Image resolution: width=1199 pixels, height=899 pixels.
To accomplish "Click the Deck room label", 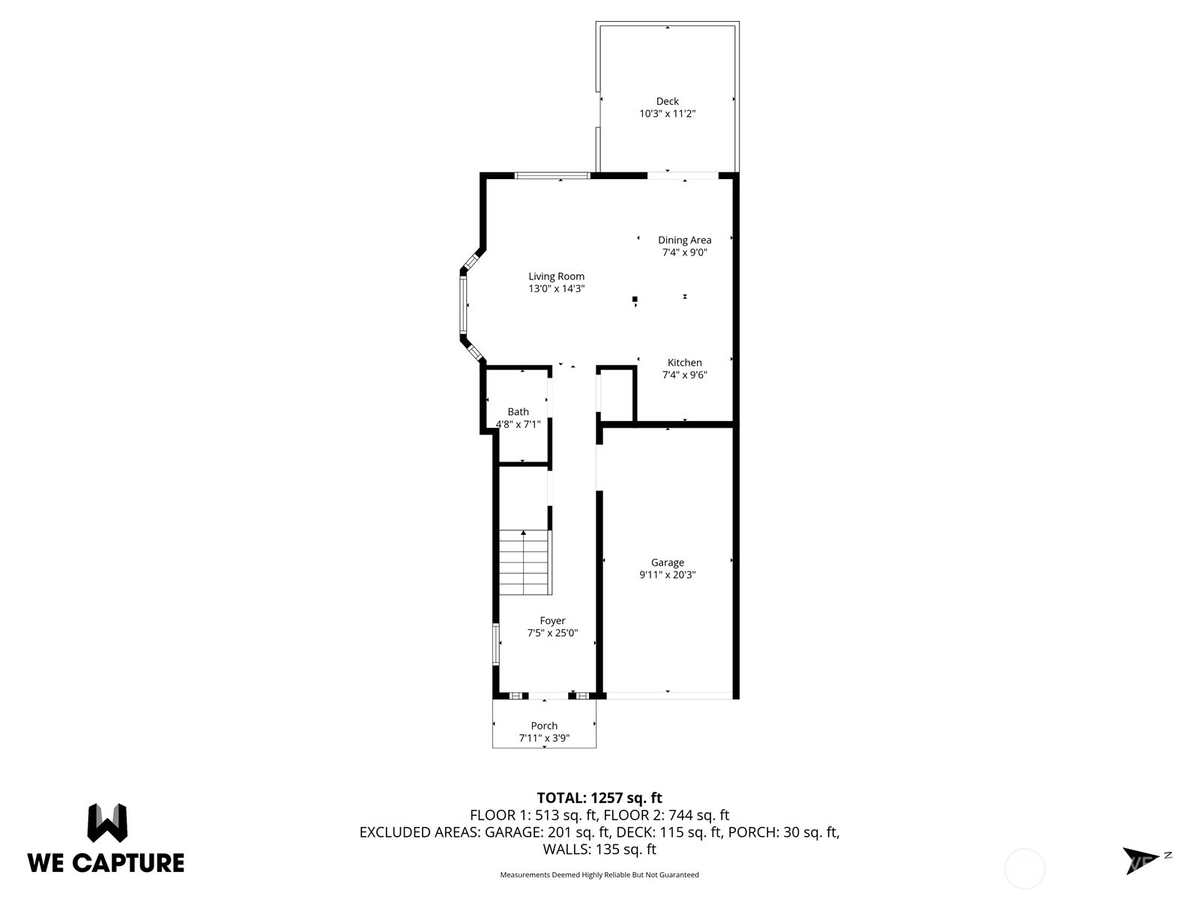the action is point(667,101).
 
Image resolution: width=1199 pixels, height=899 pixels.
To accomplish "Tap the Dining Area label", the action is point(684,240).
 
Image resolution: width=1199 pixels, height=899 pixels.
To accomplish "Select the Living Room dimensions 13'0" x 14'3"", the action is point(556,288).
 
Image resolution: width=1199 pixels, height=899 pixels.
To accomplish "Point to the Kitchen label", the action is point(684,363).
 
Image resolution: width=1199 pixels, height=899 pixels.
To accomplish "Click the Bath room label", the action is point(518,411).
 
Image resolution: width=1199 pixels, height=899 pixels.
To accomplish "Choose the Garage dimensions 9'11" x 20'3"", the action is point(667,574).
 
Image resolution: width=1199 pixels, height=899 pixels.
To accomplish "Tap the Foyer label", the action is point(552,620).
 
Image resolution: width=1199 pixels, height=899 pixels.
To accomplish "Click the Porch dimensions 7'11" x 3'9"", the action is point(544,738).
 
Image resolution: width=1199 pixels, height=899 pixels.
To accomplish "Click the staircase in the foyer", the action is point(525,562).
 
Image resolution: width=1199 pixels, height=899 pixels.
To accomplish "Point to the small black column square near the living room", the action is point(635,299).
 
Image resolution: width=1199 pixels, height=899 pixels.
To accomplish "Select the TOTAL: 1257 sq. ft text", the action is point(599,797).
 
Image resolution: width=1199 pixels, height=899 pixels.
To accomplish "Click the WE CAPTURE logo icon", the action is point(108,823).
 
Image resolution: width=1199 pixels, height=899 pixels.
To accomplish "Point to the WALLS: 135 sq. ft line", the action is point(599,849).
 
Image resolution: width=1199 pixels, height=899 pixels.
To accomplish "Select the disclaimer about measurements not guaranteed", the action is point(599,874).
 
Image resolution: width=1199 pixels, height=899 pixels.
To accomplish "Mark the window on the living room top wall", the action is point(552,175).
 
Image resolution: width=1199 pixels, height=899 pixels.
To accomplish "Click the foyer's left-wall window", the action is point(496,644).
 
